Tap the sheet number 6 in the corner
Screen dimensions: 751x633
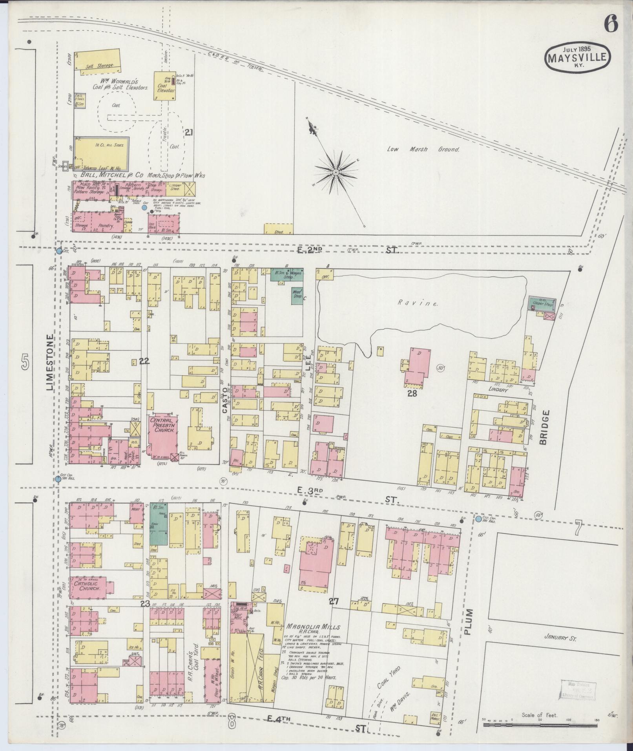(611, 24)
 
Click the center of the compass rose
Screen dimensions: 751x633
(336, 172)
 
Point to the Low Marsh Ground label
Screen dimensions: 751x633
(423, 149)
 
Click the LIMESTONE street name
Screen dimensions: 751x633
(50, 362)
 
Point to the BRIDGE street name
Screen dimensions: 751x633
(543, 427)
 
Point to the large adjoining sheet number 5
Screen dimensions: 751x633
(25, 362)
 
